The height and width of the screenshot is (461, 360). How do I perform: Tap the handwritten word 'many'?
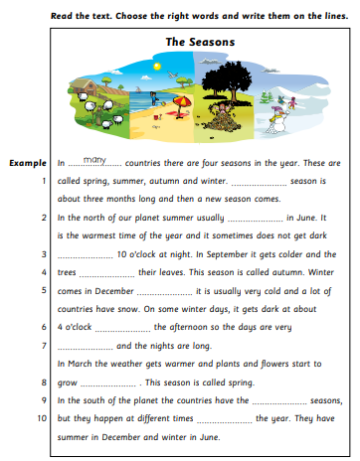coord(96,159)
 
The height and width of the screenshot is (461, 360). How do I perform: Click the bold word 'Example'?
coord(28,162)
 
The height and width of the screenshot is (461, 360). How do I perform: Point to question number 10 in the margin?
coord(42,418)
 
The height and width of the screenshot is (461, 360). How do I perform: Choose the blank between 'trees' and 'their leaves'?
coord(106,273)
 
